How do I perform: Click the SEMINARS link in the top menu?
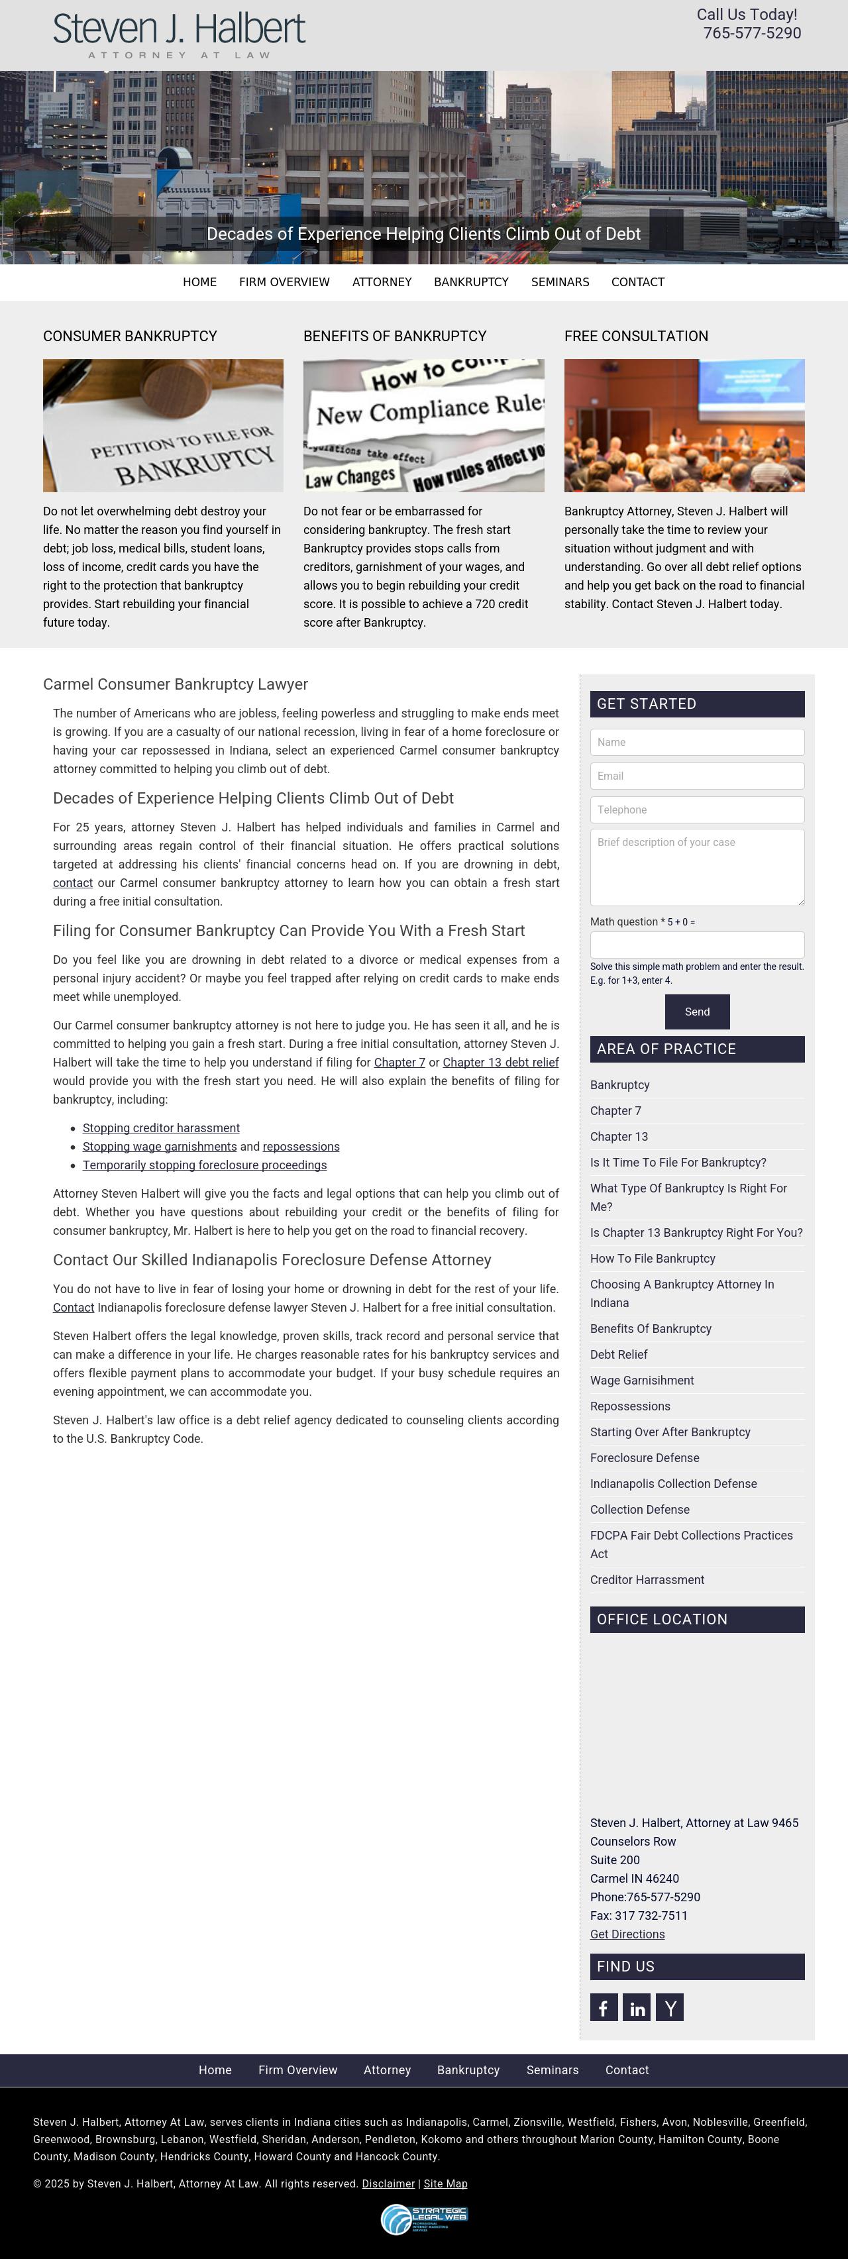[x=560, y=282]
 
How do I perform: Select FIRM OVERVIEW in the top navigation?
[x=284, y=282]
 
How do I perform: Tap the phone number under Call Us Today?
[x=751, y=33]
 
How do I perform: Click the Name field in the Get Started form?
[x=696, y=742]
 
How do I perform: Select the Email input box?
[x=696, y=776]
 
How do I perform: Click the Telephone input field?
[x=696, y=810]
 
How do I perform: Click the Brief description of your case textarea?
[x=696, y=867]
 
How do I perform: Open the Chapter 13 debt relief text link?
[x=501, y=1063]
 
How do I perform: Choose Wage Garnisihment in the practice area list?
[x=641, y=1381]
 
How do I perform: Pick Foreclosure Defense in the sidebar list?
[x=645, y=1457]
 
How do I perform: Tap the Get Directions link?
[x=627, y=1934]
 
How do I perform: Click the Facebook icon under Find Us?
[x=604, y=2007]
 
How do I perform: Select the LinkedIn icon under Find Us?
[x=637, y=2007]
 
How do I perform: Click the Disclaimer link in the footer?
[x=388, y=2183]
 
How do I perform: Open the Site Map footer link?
[x=445, y=2183]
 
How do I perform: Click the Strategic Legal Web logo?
[x=425, y=2219]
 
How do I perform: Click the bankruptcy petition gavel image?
[x=163, y=425]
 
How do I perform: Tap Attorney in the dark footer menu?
[x=387, y=2070]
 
